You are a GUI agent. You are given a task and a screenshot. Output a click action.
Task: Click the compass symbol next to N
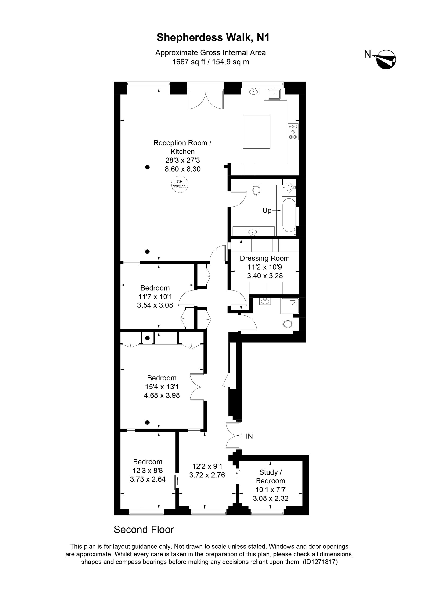pos(385,59)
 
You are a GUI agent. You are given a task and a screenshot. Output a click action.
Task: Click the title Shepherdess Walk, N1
pos(213,38)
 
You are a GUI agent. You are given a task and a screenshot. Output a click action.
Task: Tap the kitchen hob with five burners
pos(293,132)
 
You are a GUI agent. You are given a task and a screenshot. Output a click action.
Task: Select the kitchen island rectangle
pos(257,132)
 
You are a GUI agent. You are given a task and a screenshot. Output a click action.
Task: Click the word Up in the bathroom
pos(267,211)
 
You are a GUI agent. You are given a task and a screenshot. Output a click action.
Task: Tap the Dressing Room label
pos(265,258)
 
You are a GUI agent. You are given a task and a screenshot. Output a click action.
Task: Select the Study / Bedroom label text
pos(271,477)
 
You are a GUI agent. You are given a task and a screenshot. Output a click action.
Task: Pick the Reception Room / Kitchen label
pos(182,147)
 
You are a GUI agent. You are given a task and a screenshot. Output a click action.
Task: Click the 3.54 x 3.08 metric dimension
pos(155,305)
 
